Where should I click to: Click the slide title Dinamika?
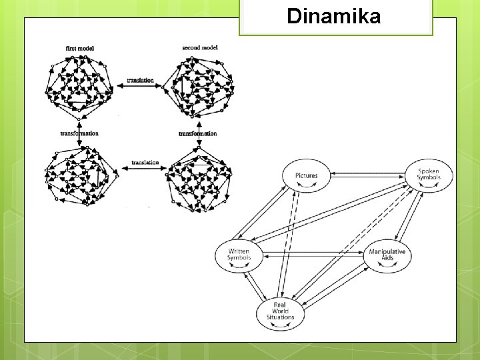(x=333, y=16)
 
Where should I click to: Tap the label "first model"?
(x=79, y=48)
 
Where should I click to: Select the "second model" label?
(x=199, y=48)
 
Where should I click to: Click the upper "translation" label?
(x=140, y=81)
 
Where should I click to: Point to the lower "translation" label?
(x=145, y=162)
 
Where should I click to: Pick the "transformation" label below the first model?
(x=79, y=133)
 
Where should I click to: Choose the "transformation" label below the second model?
(x=198, y=133)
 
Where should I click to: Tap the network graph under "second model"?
(x=199, y=87)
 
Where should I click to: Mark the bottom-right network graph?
(x=198, y=179)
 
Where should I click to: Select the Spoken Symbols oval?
(x=428, y=175)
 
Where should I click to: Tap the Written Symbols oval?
(x=239, y=255)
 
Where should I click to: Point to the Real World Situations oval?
(x=280, y=312)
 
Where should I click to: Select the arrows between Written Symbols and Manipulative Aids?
(x=313, y=254)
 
